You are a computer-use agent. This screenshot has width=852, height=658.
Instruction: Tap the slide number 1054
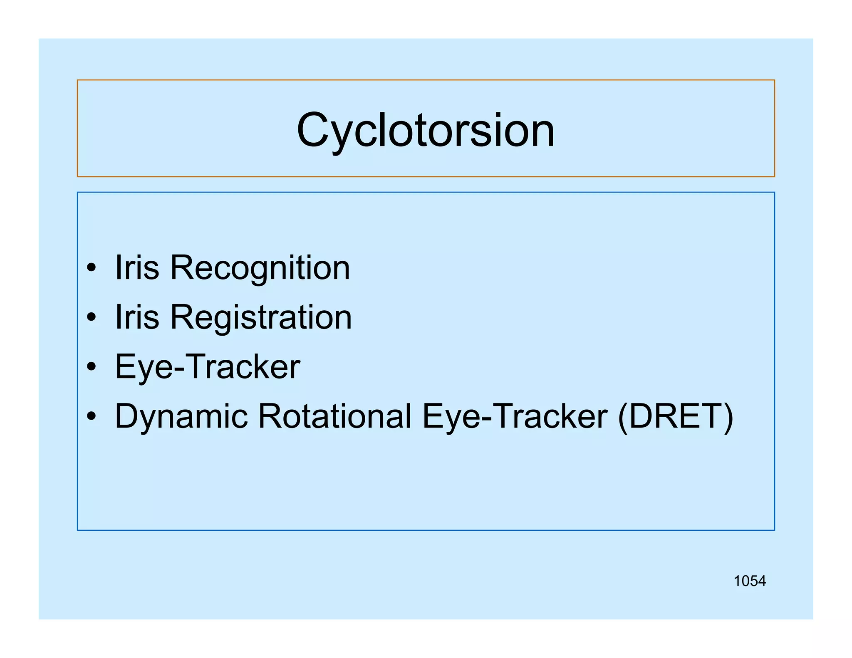(x=750, y=581)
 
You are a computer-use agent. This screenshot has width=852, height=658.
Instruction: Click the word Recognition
(x=260, y=268)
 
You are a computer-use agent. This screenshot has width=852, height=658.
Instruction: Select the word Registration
(x=261, y=318)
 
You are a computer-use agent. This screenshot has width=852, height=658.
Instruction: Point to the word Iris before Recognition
(x=137, y=267)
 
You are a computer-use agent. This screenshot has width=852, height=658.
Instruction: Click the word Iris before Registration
(x=137, y=317)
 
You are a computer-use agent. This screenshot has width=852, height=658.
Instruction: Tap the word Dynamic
(x=181, y=417)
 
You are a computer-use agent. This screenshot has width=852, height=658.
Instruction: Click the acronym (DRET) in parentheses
(x=676, y=417)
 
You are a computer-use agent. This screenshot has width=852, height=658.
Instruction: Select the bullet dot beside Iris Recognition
(x=92, y=268)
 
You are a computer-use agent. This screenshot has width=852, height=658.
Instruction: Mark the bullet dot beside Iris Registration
(x=92, y=318)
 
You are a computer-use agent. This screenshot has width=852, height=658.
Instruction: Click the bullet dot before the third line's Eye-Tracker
(x=92, y=367)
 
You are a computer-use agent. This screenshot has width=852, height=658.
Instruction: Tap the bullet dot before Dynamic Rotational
(x=92, y=417)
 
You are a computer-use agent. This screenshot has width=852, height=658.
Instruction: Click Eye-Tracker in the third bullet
(x=207, y=367)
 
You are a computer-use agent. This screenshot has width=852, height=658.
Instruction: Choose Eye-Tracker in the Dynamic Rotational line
(x=515, y=417)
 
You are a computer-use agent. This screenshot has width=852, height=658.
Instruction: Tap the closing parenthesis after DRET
(x=728, y=417)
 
